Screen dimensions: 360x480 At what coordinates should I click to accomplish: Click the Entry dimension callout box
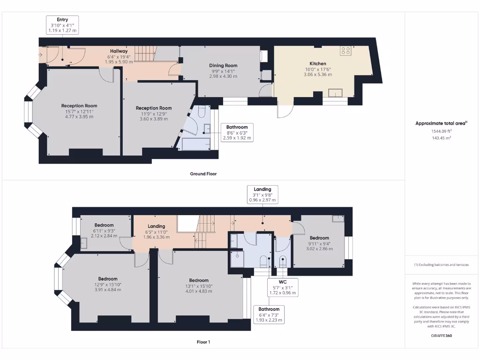tap(62, 25)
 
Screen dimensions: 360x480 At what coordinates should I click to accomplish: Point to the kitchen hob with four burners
tap(346, 51)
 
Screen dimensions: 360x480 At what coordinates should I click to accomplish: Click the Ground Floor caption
tap(203, 173)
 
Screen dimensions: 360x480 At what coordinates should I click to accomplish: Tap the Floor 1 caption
tap(203, 342)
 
